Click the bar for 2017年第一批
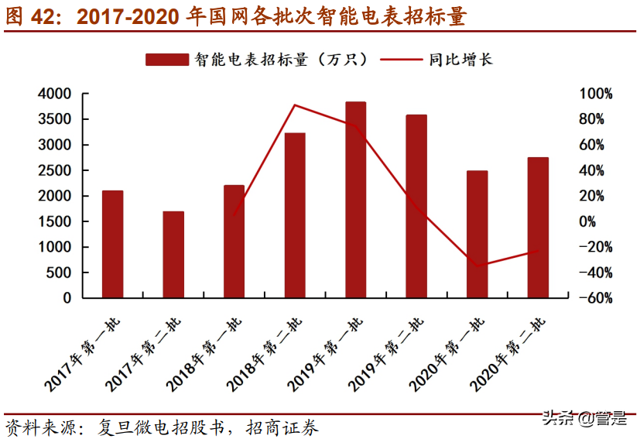pos(112,244)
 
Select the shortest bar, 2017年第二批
pos(173,255)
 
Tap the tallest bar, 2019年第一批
pos(355,200)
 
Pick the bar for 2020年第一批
pos(477,234)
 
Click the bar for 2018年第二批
pos(295,215)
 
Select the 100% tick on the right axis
pos(597,94)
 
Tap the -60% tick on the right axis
pos(597,298)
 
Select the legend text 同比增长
pos(461,60)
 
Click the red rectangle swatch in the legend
pos(166,60)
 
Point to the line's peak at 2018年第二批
pos(295,105)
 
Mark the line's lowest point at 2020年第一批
pos(477,266)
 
